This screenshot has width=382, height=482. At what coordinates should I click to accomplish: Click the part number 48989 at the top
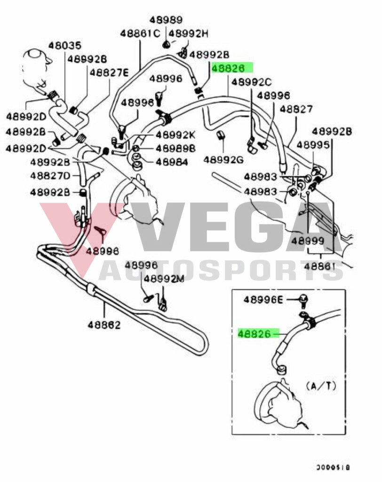click(x=166, y=20)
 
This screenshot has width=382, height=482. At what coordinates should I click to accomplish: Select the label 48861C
click(x=140, y=33)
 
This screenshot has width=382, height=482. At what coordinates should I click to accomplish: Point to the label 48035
click(x=65, y=46)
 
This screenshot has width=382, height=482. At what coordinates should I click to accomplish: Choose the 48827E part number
click(x=109, y=72)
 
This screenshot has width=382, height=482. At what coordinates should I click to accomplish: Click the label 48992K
click(x=175, y=135)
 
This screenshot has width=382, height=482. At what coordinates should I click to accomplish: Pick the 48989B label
click(x=175, y=149)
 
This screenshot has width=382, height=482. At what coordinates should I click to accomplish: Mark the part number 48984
click(x=172, y=162)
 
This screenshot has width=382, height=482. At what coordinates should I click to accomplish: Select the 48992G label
click(x=223, y=160)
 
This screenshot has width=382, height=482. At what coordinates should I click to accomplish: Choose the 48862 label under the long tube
click(x=103, y=325)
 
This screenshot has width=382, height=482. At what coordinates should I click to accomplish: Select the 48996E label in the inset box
click(x=263, y=299)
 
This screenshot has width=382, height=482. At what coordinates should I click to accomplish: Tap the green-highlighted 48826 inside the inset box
click(x=255, y=334)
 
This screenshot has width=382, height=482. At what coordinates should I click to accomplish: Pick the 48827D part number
click(x=50, y=176)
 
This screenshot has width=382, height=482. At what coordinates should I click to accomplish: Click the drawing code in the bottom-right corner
click(x=333, y=468)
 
